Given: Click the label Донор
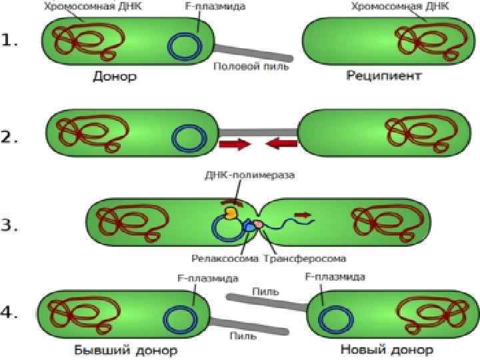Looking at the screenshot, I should (114, 76).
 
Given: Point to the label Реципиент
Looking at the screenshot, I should (384, 76).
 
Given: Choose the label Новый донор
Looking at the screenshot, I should (387, 349).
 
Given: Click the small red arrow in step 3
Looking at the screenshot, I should (303, 215).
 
